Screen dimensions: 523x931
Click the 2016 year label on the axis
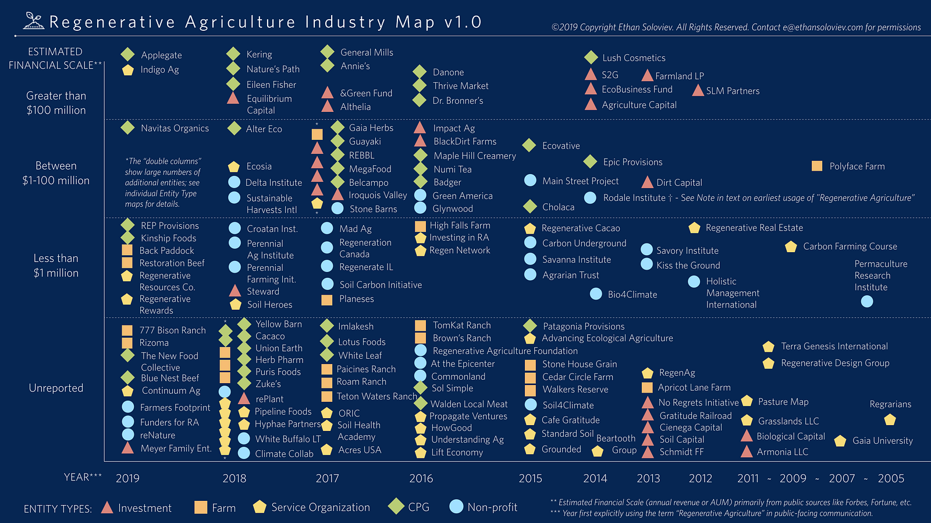tap(421, 478)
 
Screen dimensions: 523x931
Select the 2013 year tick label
tap(648, 478)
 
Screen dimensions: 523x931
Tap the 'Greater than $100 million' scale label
tap(56, 103)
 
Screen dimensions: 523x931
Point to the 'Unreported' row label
tap(56, 388)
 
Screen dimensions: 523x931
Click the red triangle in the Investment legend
tap(107, 507)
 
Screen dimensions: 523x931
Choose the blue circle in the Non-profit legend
tap(456, 507)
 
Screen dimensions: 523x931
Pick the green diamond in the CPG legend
tap(396, 507)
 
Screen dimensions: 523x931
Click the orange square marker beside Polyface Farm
tap(817, 166)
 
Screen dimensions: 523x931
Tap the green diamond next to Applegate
tap(127, 55)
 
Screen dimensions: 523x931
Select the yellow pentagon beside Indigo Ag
tap(127, 70)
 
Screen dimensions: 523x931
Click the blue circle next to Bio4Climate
tap(596, 294)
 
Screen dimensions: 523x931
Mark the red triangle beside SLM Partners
tap(698, 90)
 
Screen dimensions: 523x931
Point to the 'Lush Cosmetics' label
tap(634, 58)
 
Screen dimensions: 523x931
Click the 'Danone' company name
tap(448, 72)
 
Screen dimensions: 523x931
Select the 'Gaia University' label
tap(882, 441)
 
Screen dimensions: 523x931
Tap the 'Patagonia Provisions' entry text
tap(584, 326)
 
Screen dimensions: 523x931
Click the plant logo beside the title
tap(34, 21)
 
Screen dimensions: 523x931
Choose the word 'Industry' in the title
tap(345, 22)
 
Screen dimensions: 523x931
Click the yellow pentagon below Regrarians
tap(890, 419)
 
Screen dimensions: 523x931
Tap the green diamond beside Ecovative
tap(529, 145)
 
